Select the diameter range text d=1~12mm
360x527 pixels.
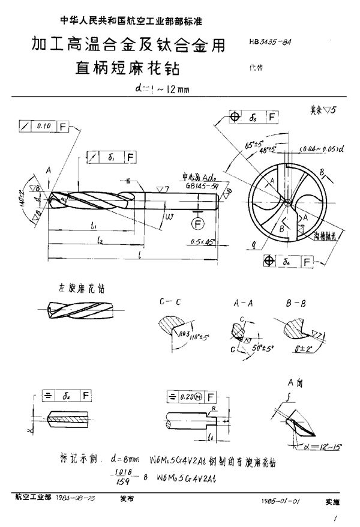[162, 91]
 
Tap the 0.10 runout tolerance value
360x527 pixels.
[43, 126]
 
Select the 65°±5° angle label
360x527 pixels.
[238, 144]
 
